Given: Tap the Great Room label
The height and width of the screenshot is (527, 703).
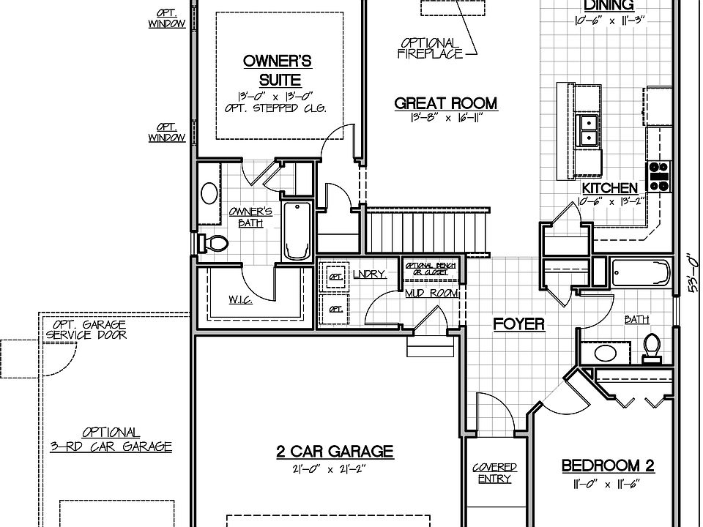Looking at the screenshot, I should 445,104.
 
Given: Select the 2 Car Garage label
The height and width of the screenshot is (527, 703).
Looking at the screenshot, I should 334,452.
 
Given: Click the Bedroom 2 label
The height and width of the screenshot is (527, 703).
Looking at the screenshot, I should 608,466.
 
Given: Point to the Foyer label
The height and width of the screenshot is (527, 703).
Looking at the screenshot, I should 518,324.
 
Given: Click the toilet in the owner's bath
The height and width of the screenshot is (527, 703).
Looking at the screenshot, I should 215,243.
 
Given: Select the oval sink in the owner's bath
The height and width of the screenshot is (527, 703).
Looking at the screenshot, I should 209,194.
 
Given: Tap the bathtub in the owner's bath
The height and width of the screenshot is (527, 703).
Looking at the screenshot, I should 297,231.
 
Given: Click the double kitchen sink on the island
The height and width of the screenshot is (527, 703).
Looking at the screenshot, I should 588,130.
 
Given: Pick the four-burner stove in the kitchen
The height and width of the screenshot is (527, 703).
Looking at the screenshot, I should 661,176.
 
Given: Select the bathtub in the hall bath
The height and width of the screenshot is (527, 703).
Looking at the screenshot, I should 641,274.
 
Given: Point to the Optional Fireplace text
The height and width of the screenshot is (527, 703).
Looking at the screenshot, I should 431,48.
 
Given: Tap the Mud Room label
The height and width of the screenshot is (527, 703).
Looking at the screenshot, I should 431,294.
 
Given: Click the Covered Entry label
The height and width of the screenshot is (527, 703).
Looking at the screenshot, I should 494,473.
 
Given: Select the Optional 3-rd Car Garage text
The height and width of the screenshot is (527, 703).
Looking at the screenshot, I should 111,439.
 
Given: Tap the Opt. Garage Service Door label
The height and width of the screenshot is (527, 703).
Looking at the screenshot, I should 86,329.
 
